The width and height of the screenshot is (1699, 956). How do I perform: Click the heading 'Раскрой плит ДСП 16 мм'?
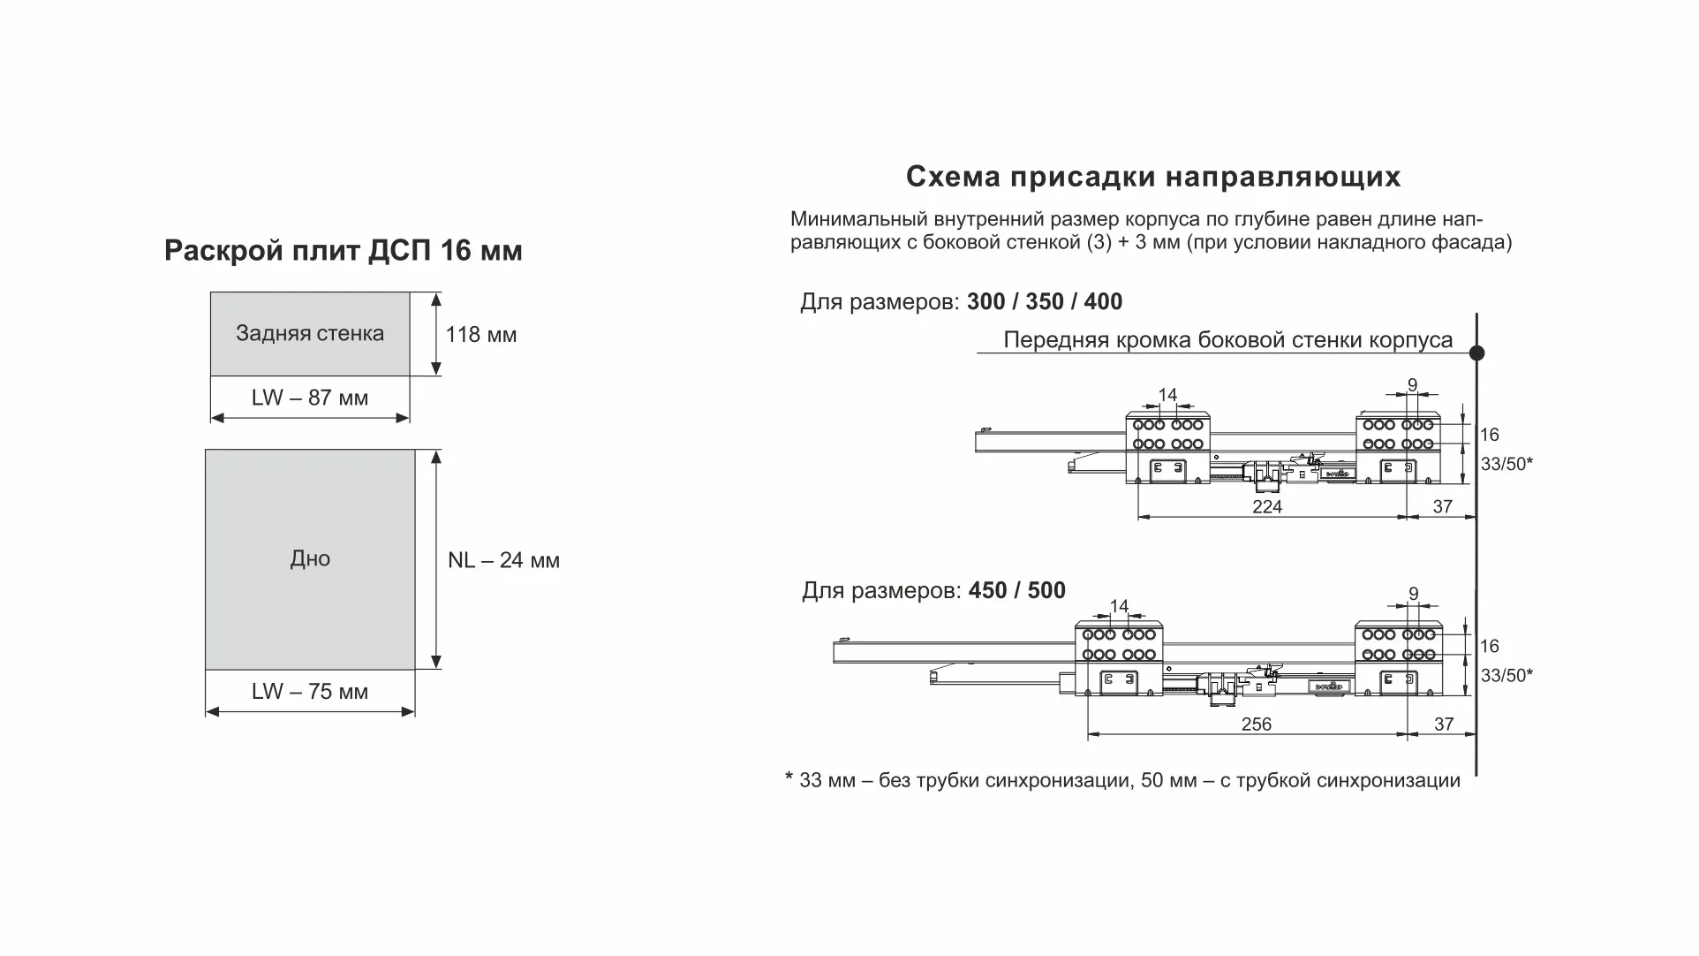click(343, 251)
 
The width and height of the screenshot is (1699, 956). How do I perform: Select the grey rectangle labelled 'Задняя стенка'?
click(310, 334)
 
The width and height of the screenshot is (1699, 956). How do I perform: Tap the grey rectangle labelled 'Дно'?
click(310, 559)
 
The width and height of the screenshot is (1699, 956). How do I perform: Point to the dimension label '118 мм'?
click(480, 335)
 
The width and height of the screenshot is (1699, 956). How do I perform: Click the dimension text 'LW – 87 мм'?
click(309, 398)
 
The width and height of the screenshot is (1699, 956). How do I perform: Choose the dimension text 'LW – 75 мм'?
click(309, 692)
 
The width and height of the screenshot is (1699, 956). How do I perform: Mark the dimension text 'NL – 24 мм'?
click(503, 561)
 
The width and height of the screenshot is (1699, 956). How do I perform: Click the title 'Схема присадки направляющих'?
click(1152, 177)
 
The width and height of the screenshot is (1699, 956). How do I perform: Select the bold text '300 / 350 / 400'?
click(1044, 302)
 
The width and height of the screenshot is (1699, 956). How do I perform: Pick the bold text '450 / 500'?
click(1016, 590)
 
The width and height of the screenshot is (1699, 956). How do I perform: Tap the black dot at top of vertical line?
click(1476, 353)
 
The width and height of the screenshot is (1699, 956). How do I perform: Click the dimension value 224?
click(1266, 507)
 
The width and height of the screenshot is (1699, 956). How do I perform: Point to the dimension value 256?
click(1256, 725)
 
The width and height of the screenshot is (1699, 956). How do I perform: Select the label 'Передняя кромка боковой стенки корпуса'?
click(1227, 340)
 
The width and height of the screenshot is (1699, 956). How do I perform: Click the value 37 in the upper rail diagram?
click(1442, 507)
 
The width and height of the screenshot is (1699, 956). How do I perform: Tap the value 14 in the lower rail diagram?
click(1119, 606)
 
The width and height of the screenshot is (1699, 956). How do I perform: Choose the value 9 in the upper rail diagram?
click(1412, 384)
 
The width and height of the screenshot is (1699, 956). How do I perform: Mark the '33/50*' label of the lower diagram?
click(1506, 676)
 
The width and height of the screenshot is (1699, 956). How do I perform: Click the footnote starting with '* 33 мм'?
click(1122, 781)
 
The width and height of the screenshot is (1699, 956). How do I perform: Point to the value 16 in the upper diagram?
click(1490, 435)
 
